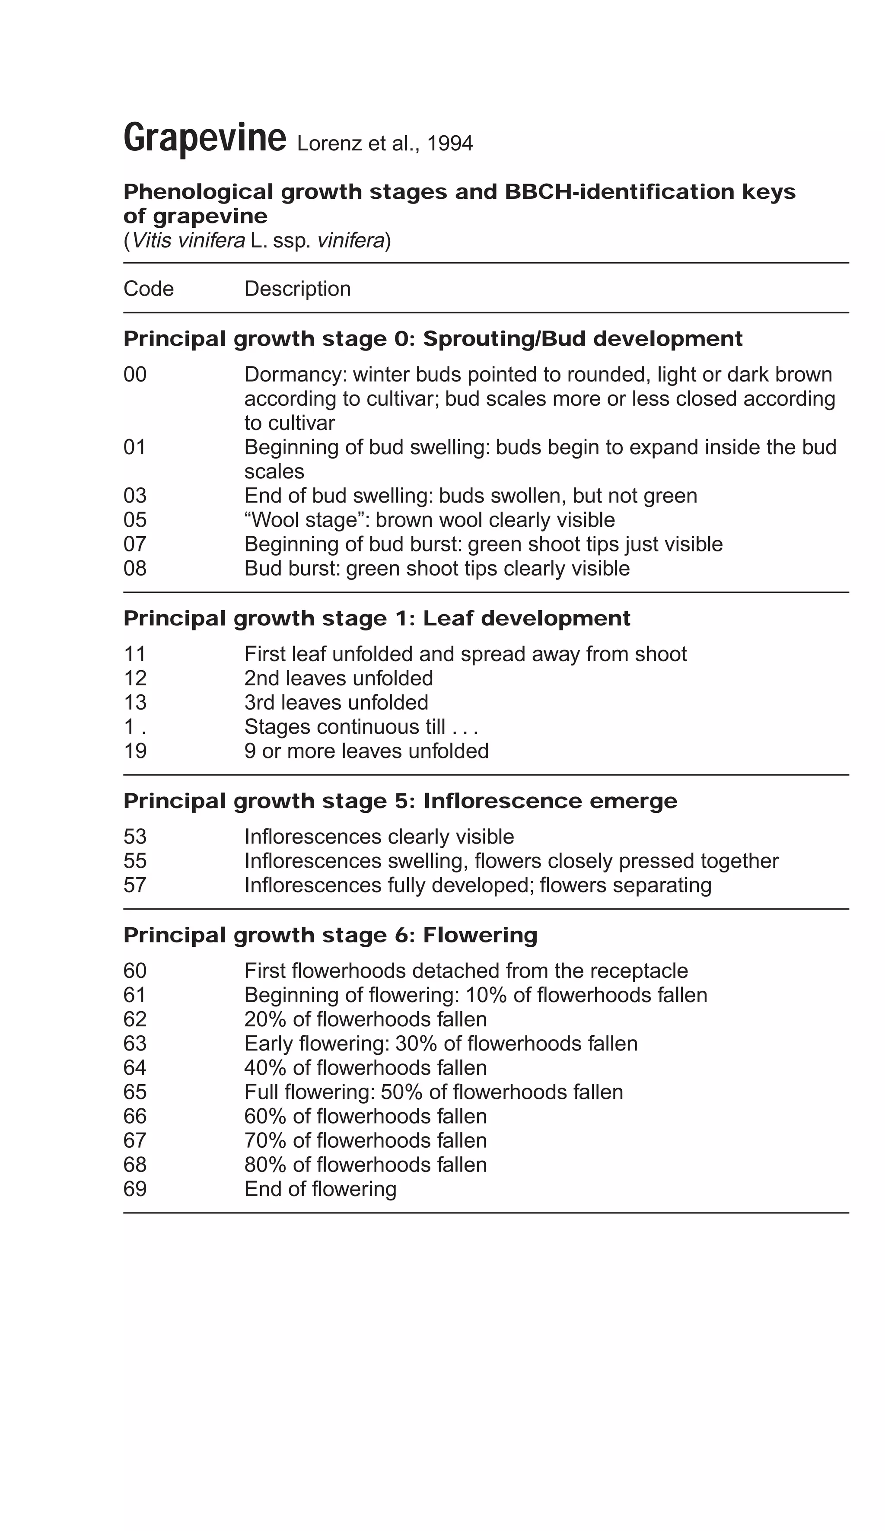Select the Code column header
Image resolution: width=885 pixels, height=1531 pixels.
tap(148, 289)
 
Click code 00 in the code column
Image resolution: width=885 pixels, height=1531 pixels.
tap(135, 374)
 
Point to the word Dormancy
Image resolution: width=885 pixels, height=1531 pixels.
tap(294, 374)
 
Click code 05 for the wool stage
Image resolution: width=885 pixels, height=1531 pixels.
tap(135, 520)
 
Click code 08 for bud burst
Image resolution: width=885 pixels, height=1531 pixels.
tap(135, 569)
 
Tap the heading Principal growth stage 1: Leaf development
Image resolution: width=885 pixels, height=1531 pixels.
tap(376, 618)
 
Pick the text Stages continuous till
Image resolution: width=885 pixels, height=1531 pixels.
tap(344, 727)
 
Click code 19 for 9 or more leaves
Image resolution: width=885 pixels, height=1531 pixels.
tap(135, 751)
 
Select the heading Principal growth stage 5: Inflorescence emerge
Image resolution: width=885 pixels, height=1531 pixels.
tap(400, 801)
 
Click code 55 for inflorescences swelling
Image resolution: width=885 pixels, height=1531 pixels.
tap(135, 862)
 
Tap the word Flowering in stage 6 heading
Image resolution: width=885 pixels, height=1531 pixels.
tap(479, 936)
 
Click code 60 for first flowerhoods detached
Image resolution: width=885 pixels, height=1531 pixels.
tap(135, 971)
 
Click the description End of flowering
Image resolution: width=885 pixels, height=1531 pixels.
tap(320, 1190)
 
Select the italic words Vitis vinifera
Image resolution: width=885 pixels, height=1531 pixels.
tap(188, 241)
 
